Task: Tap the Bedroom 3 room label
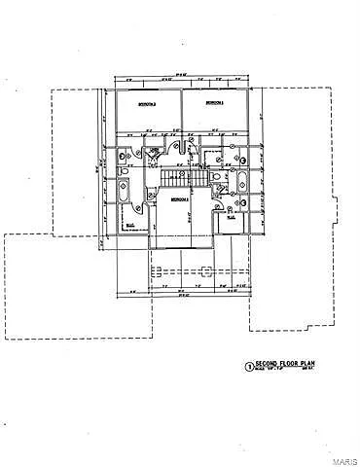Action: [212, 101]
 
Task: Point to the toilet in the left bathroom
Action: [121, 156]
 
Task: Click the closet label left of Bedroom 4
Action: [130, 221]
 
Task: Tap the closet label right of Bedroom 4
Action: [232, 218]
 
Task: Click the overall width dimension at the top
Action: [180, 78]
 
